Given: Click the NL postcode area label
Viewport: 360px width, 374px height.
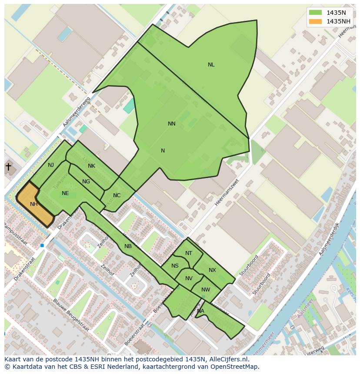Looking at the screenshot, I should click(x=211, y=65).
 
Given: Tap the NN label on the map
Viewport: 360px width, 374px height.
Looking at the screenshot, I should click(x=172, y=124).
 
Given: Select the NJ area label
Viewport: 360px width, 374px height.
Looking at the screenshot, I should click(x=51, y=165).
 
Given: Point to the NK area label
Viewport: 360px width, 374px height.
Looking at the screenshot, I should click(x=91, y=166).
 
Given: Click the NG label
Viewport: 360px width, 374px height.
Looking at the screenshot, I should click(x=86, y=182).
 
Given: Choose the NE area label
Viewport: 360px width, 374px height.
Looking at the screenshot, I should click(x=65, y=193).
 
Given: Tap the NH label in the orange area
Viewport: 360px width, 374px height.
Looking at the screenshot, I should click(x=34, y=204).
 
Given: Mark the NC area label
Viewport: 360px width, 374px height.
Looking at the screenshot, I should click(x=117, y=195).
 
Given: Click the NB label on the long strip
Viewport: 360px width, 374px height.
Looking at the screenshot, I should click(x=128, y=246).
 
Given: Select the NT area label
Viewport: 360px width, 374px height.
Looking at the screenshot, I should click(x=189, y=253).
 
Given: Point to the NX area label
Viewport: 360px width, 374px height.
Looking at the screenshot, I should click(x=212, y=270).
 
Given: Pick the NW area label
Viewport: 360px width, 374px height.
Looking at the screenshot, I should click(x=206, y=290).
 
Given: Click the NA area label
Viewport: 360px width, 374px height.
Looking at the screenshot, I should click(x=200, y=311).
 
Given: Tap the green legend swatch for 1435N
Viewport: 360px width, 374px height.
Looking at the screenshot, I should click(x=315, y=12).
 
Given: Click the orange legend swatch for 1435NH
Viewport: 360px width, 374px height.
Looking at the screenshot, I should click(x=315, y=21).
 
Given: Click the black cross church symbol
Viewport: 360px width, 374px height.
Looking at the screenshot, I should click(x=8, y=166).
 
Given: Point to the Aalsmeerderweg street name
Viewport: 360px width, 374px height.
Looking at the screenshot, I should click(x=77, y=112).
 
